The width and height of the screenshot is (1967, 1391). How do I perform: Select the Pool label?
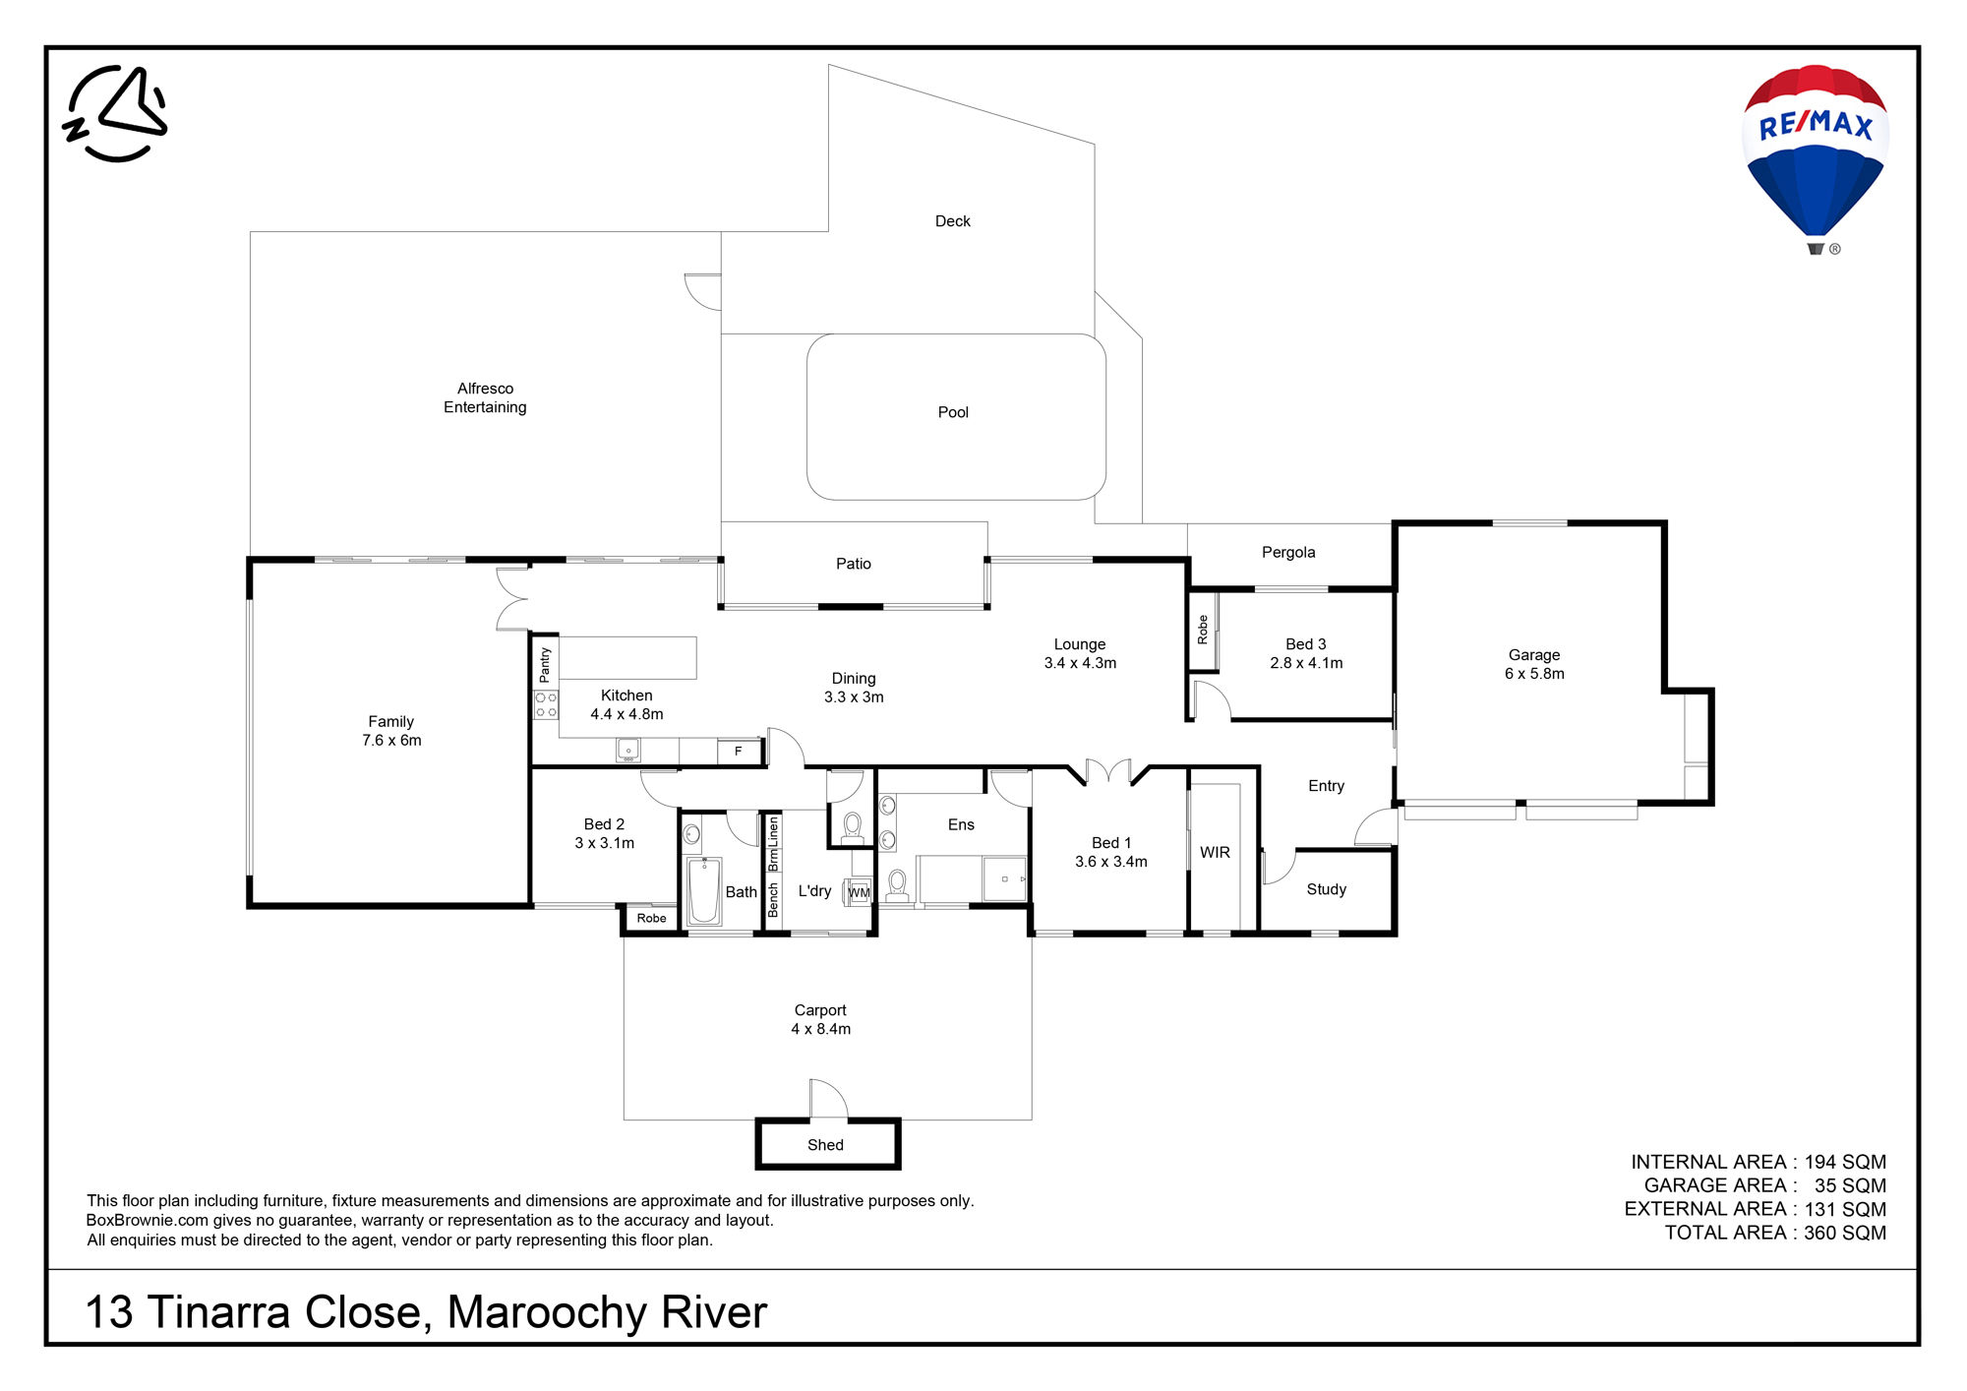(953, 412)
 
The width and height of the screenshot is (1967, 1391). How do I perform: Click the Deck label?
(952, 221)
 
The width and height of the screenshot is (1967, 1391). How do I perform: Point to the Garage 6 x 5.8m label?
(1534, 664)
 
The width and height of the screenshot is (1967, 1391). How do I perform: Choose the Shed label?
(825, 1145)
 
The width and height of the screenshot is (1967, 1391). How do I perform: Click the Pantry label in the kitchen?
(545, 665)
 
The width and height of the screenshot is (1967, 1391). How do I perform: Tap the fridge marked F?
(738, 752)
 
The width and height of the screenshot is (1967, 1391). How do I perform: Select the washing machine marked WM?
(859, 892)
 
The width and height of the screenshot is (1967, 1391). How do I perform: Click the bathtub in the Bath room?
(703, 891)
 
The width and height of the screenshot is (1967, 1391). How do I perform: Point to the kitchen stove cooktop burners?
(546, 704)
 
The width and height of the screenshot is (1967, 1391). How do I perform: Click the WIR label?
(1215, 853)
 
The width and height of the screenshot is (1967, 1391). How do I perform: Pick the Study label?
(1326, 889)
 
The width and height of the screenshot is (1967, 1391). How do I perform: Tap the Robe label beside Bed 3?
(1202, 630)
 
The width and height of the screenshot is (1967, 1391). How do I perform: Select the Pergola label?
(1288, 553)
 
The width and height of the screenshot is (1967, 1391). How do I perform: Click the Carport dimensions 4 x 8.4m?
(821, 1029)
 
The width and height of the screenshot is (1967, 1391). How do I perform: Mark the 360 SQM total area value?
(1844, 1233)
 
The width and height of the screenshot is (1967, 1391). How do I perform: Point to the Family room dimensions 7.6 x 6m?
(391, 741)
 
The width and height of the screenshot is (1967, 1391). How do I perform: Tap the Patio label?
(854, 564)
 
